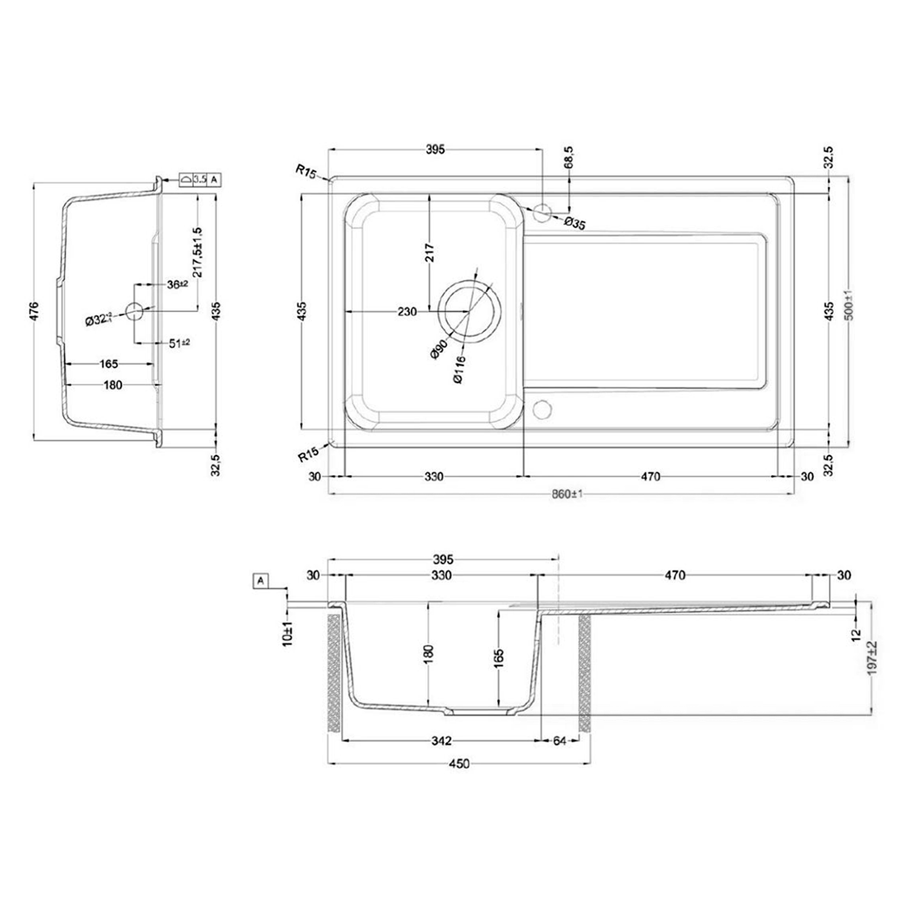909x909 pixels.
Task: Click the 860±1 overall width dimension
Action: pyautogui.click(x=567, y=494)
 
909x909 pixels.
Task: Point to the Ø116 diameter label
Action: pyautogui.click(x=459, y=369)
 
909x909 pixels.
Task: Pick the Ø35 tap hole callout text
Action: pyautogui.click(x=574, y=223)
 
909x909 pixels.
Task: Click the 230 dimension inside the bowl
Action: pyautogui.click(x=407, y=311)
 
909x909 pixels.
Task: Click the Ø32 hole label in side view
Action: pyautogui.click(x=99, y=319)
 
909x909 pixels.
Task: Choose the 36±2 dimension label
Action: pyautogui.click(x=177, y=284)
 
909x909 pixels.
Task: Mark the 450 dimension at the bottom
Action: pyautogui.click(x=459, y=764)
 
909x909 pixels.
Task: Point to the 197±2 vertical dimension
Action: pyautogui.click(x=872, y=659)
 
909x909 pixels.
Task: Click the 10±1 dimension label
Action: pyautogui.click(x=288, y=633)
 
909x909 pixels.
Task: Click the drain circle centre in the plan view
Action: pyautogui.click(x=470, y=311)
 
